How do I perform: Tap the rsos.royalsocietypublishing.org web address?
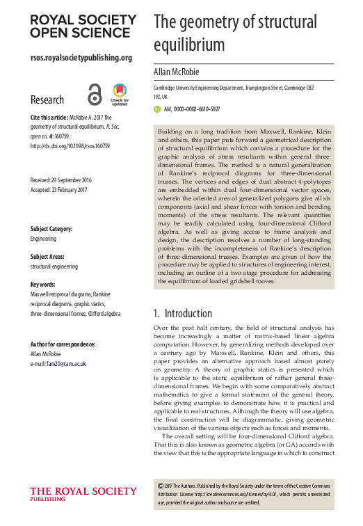(81, 58)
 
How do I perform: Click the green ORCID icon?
(156, 109)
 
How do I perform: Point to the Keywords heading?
(45, 285)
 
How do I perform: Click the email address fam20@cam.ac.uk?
(62, 363)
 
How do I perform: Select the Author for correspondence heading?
(63, 344)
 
